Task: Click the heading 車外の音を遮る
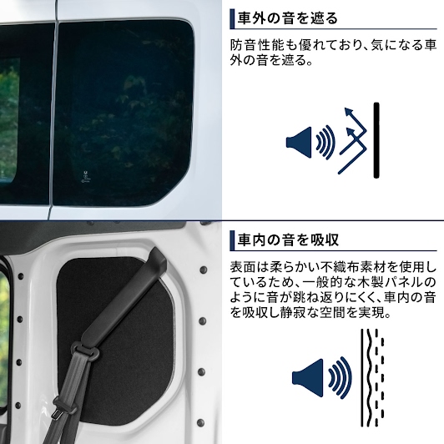point(287,18)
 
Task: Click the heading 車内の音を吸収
point(288,240)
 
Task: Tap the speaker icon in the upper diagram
point(299,143)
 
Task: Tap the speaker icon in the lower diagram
point(307,378)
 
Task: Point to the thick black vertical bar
point(376,140)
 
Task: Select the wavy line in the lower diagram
point(369,378)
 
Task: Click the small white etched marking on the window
point(85,176)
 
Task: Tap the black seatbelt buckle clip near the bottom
point(64,406)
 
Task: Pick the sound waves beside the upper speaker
point(325,142)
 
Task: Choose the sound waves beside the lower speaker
point(340,378)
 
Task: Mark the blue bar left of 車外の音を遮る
point(232,18)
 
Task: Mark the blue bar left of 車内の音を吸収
point(232,240)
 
